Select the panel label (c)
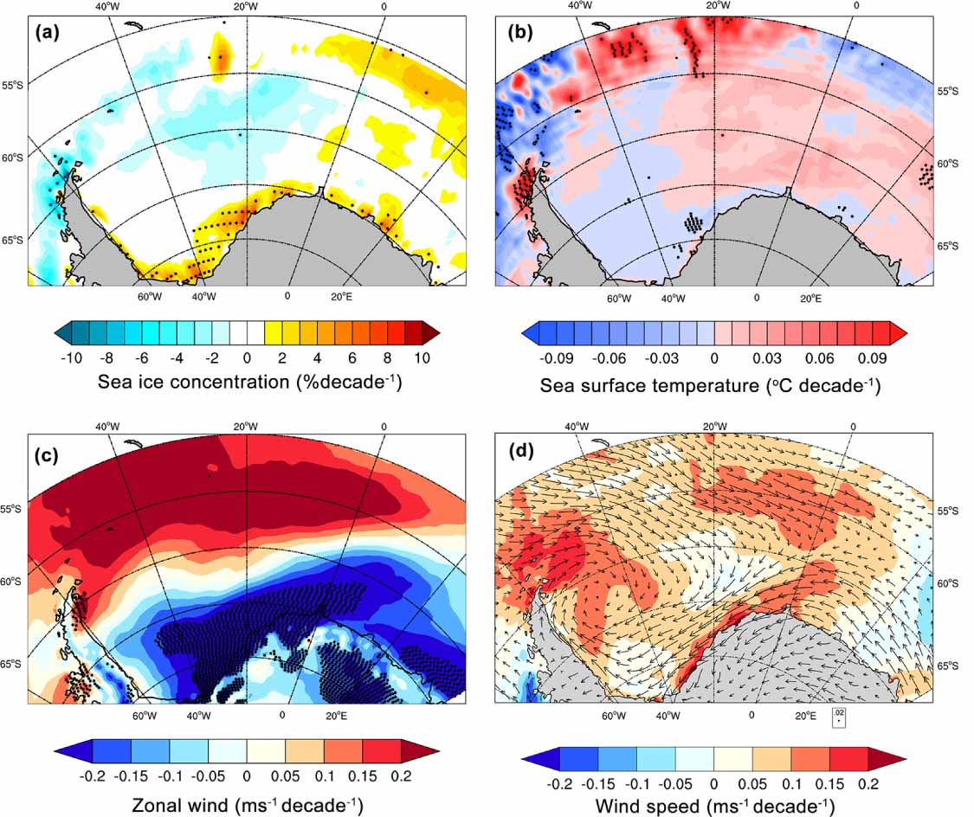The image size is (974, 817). (48, 452)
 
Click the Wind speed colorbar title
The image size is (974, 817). (715, 807)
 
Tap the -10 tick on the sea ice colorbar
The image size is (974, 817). (72, 356)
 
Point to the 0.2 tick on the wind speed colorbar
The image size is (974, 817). (868, 782)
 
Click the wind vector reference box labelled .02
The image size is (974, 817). (838, 716)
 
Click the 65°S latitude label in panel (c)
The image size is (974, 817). (12, 664)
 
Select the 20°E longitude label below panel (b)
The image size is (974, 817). (810, 299)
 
